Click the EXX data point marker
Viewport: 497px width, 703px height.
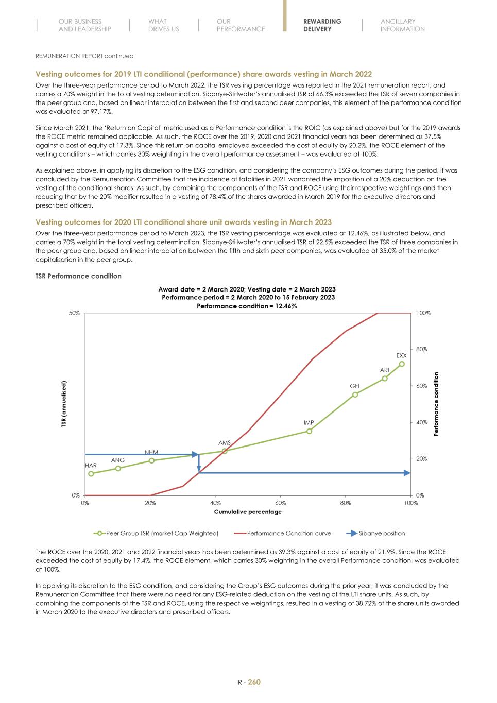coord(402,364)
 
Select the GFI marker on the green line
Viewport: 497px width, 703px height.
coord(355,395)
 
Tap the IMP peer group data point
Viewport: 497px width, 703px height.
coord(309,431)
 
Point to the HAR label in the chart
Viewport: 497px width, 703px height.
coord(91,465)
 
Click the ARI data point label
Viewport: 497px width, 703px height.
coord(384,370)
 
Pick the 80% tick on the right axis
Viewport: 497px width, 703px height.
coord(422,349)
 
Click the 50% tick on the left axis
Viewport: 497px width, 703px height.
coord(75,313)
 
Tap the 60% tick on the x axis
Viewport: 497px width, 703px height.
coord(280,503)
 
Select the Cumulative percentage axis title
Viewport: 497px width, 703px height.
coord(248,512)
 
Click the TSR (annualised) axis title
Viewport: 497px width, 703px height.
coord(64,404)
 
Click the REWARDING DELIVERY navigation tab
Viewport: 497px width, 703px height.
coord(322,25)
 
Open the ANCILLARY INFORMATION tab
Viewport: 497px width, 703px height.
coord(402,25)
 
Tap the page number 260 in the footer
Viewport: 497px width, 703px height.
coord(254,682)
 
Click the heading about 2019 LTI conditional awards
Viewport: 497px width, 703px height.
coord(203,74)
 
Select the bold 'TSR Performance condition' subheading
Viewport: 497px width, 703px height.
coord(78,276)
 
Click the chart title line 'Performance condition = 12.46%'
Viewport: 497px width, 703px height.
coord(247,306)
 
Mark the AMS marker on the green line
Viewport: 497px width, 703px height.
coord(225,451)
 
